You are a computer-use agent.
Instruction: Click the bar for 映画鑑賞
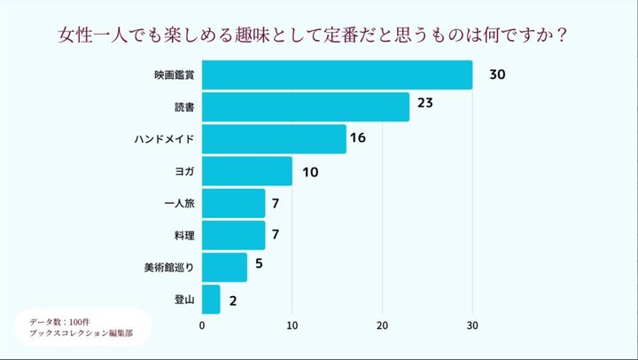click(338, 75)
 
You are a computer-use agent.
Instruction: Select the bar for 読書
click(306, 107)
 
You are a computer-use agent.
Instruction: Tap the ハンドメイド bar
click(274, 139)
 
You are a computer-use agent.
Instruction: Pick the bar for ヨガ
click(247, 171)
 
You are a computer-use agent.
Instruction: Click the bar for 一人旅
click(234, 204)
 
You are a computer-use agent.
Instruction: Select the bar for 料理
click(234, 236)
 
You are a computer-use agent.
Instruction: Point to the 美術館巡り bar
click(225, 267)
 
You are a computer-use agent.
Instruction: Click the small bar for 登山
click(211, 300)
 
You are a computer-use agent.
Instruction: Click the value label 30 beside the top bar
click(497, 75)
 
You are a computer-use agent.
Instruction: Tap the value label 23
click(424, 105)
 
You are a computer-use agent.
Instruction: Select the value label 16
click(358, 138)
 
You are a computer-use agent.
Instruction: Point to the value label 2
click(232, 301)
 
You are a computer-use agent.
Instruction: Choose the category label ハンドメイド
click(164, 139)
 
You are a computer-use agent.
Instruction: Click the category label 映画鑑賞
click(175, 75)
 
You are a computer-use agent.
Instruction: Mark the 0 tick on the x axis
click(203, 325)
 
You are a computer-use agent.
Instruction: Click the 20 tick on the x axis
click(383, 325)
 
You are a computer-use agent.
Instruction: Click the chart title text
click(312, 37)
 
